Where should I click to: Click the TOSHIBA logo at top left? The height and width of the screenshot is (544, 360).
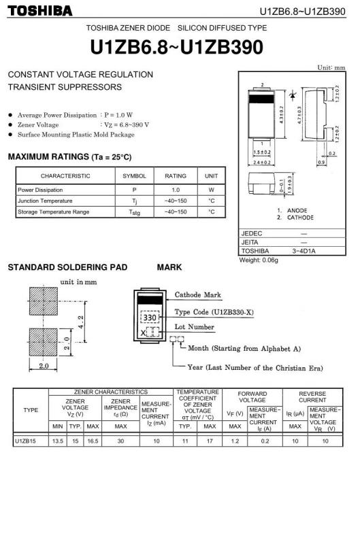(x=40, y=11)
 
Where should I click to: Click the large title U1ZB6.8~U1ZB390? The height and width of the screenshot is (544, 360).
(x=176, y=47)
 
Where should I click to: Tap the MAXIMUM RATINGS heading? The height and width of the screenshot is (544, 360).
(x=70, y=157)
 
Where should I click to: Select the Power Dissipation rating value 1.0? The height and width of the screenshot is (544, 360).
(x=176, y=190)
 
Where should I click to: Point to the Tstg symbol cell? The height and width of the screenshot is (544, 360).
(x=134, y=212)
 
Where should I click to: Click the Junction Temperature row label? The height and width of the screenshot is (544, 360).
(x=45, y=201)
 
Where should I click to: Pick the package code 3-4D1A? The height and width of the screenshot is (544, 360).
(x=304, y=251)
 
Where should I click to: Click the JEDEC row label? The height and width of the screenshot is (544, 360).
(x=252, y=233)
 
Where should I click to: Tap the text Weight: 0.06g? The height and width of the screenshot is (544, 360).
(x=259, y=260)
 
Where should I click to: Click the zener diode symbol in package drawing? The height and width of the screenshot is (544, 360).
(x=293, y=94)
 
